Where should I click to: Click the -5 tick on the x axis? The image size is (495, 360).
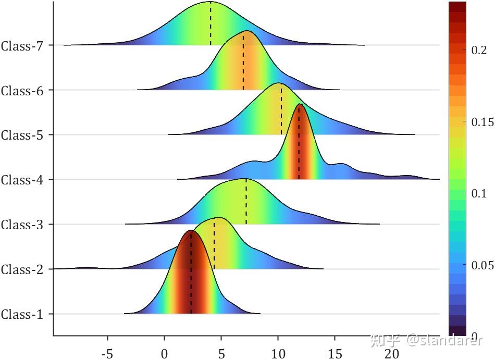[107, 354]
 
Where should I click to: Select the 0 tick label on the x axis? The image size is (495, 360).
[165, 354]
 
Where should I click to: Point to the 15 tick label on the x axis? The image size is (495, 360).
[335, 354]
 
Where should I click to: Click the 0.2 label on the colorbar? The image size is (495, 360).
[479, 50]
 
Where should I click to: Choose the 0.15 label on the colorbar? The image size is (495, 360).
[482, 122]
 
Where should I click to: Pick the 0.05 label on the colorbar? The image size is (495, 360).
[482, 266]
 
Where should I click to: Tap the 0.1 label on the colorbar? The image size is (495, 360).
[479, 194]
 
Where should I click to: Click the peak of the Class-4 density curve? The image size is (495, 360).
[300, 104]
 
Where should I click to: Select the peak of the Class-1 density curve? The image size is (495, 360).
[191, 230]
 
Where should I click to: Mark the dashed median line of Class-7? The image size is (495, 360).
[211, 23]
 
